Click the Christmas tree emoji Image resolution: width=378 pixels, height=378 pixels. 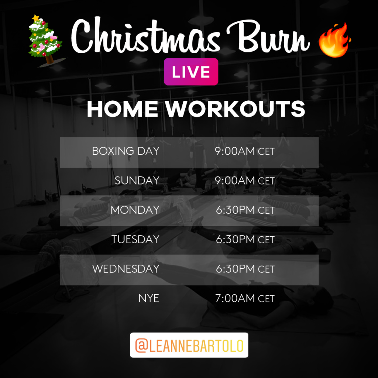click(x=46, y=41)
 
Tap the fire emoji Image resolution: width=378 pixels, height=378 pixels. click(x=334, y=40)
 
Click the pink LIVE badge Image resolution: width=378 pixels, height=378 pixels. click(x=191, y=72)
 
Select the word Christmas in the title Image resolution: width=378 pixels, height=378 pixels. click(x=145, y=36)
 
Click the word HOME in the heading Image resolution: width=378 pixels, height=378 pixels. click(x=123, y=109)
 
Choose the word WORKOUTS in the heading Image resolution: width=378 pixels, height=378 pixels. click(x=235, y=109)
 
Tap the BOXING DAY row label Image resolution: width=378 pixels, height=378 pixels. click(x=126, y=151)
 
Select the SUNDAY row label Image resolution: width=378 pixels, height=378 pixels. click(x=137, y=181)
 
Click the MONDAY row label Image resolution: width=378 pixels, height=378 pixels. click(x=135, y=210)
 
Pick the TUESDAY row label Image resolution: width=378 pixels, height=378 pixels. click(x=135, y=239)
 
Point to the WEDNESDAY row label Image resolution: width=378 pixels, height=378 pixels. click(x=126, y=269)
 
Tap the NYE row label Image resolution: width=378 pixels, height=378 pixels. click(x=149, y=298)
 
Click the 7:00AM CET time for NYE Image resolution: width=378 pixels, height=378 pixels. click(x=245, y=298)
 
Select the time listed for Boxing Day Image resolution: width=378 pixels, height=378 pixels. click(x=245, y=151)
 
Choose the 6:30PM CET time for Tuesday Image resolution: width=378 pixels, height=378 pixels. click(x=245, y=239)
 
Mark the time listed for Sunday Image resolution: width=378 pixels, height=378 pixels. click(x=245, y=181)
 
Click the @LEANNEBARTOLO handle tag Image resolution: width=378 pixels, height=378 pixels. click(x=189, y=345)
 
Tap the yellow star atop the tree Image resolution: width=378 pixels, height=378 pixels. click(x=36, y=18)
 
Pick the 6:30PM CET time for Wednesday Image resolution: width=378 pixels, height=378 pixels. click(x=245, y=269)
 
